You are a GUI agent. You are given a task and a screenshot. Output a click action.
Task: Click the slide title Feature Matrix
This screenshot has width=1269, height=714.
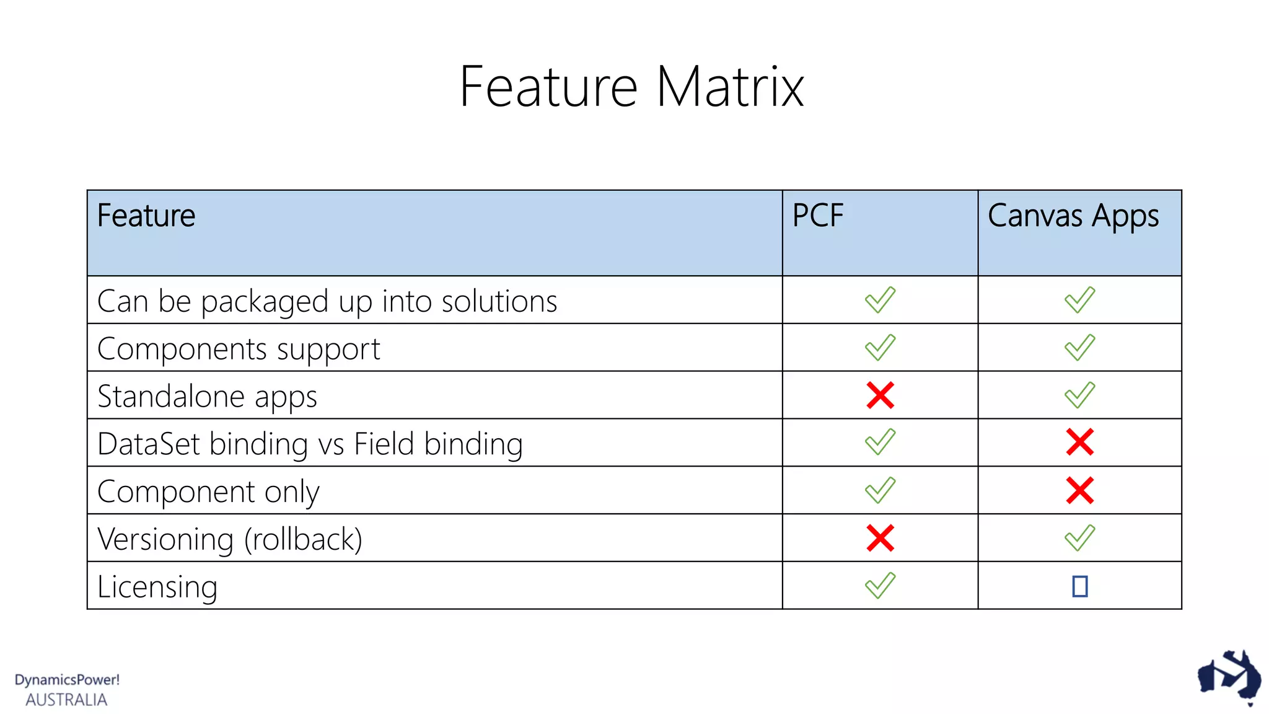tap(631, 87)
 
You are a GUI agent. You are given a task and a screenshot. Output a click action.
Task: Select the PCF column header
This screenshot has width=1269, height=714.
tap(818, 216)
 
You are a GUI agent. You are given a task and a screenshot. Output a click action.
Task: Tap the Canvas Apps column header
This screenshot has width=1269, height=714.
tap(1073, 216)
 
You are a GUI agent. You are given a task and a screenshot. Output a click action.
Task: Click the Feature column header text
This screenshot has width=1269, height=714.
tap(146, 216)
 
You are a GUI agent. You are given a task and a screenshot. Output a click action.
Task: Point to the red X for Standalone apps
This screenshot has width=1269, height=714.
tap(880, 395)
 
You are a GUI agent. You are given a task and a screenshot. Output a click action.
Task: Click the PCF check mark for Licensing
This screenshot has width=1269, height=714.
tap(880, 585)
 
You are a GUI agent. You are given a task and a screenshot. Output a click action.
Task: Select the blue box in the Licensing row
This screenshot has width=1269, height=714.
tap(1079, 586)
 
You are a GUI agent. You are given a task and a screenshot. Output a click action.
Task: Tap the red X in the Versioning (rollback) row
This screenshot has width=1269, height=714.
tap(880, 538)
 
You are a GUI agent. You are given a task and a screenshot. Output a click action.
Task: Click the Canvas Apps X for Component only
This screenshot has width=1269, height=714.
tap(1079, 490)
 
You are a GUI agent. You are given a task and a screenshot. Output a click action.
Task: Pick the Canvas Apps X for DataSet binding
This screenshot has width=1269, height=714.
tap(1079, 443)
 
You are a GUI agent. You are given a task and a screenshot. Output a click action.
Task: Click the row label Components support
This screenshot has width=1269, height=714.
tap(239, 349)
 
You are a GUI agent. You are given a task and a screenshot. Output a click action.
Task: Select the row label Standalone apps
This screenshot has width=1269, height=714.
tap(207, 397)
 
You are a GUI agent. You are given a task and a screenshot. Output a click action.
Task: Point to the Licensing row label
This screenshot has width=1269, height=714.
tap(157, 586)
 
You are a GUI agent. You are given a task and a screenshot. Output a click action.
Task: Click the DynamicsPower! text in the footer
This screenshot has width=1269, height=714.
tap(67, 680)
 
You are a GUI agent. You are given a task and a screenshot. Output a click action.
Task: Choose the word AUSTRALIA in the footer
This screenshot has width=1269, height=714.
tap(66, 700)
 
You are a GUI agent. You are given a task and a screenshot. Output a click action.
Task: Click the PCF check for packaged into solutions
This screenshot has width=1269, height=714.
tap(880, 300)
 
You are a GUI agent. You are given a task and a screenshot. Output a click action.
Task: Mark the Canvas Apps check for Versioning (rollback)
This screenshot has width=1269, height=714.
tap(1079, 538)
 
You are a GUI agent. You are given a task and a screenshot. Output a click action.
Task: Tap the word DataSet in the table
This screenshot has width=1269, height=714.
tap(149, 444)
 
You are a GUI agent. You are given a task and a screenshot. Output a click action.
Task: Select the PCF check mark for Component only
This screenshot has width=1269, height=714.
tap(880, 490)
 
